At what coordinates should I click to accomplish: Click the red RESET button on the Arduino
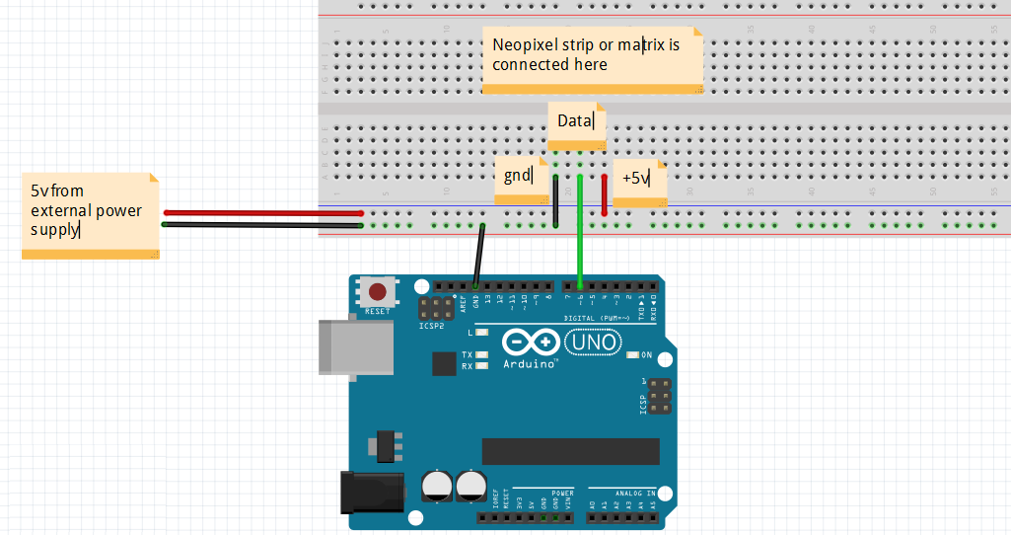tap(377, 292)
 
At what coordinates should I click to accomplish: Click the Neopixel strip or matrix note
tap(592, 59)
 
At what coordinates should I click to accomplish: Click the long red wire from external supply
tap(262, 212)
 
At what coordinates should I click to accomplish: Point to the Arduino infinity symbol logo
tap(530, 343)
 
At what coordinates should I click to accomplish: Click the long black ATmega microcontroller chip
tap(570, 451)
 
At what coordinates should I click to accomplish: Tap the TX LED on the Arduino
tap(481, 354)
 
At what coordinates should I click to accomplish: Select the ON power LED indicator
tap(634, 354)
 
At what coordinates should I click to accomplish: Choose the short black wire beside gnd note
tap(556, 202)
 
